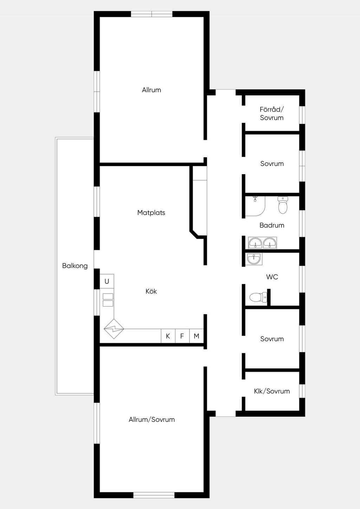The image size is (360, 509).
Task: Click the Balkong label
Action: point(75,266)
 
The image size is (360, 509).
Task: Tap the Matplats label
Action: point(151,213)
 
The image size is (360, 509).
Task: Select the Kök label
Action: point(151,291)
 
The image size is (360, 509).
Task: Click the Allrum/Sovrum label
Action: point(152,419)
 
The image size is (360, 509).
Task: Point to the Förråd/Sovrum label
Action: point(272,114)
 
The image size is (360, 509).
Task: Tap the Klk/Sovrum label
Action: point(272,391)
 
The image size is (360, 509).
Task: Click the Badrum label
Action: point(272,225)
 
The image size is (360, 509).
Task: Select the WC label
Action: point(272,277)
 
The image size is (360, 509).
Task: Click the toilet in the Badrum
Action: point(283,205)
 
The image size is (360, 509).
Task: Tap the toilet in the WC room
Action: point(258,297)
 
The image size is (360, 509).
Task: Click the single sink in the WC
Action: point(255,259)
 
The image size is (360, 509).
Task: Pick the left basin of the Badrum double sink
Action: point(256,243)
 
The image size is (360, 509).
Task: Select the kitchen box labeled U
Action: point(107,281)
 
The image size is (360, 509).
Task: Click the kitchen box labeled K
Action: point(168,336)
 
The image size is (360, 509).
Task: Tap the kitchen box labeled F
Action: point(182,336)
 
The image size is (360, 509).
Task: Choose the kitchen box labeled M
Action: point(197,336)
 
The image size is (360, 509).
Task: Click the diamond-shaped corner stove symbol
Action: point(114,329)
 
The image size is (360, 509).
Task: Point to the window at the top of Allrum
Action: point(152,14)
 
